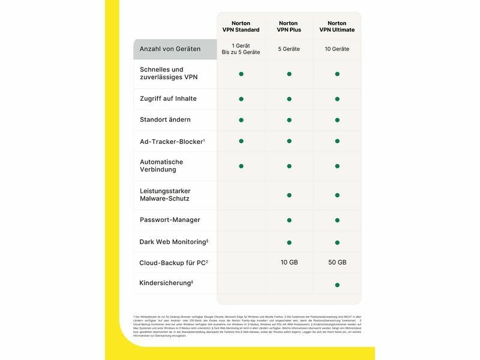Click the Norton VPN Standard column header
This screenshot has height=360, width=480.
pos(241,26)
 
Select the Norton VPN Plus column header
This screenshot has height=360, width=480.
pos(289,26)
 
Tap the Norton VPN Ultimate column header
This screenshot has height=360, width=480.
pos(337,26)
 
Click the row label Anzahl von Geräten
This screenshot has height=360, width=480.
pos(170,49)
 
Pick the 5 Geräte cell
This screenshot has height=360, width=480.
pos(289,49)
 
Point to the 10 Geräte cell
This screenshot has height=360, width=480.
pos(337,49)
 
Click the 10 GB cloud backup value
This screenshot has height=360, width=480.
pos(289,262)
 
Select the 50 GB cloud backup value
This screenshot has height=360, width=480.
pos(337,262)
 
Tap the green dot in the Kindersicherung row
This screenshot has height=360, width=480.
pos(337,284)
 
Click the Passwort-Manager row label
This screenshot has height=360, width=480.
pos(170,220)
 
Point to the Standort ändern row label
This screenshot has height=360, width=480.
pos(165,119)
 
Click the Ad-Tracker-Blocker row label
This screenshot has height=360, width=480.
pos(172,142)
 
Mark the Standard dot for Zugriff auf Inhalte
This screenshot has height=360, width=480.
pos(241,99)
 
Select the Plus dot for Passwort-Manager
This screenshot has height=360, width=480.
pos(289,220)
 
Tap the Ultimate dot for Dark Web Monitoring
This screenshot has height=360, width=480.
pos(337,242)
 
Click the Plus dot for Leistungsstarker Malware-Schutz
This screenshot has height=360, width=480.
pos(289,195)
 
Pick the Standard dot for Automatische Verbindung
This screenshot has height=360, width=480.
pos(241,166)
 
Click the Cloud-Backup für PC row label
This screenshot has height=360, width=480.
pos(173,263)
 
